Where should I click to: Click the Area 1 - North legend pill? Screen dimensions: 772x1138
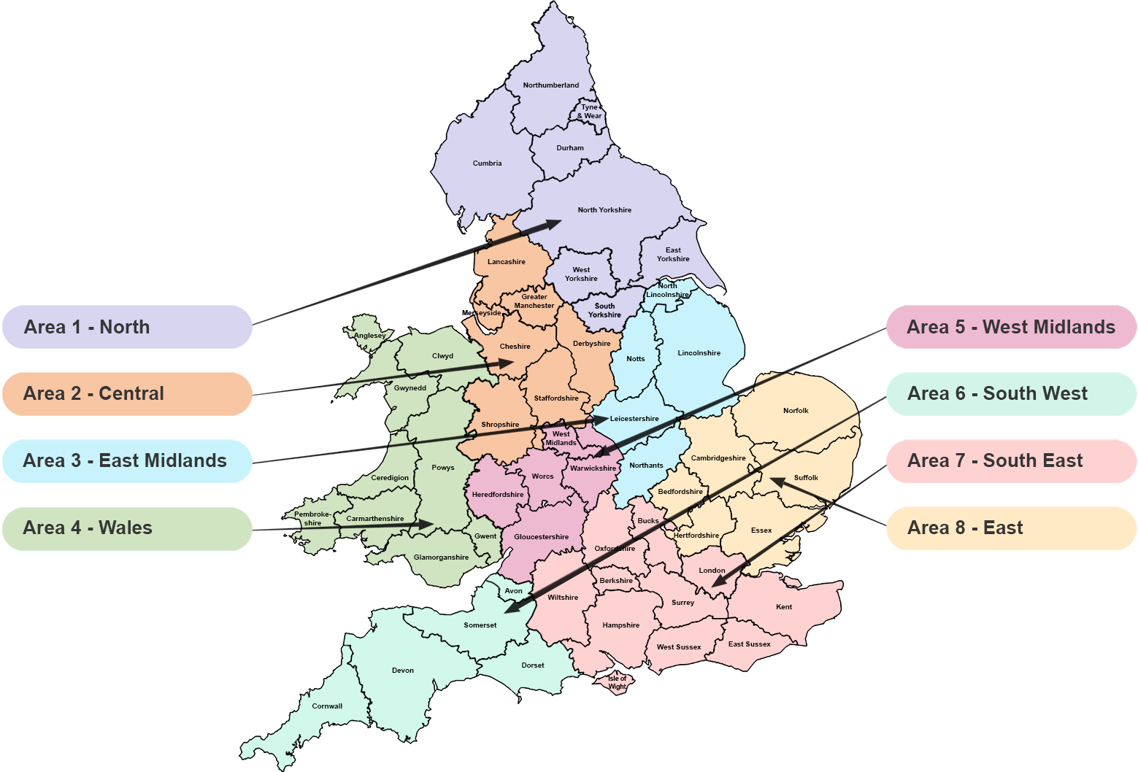[x=127, y=327]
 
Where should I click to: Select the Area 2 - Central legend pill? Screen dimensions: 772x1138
[x=127, y=394]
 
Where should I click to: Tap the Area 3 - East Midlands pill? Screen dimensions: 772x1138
[x=127, y=461]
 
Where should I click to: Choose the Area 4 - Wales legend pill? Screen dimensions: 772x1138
[x=127, y=528]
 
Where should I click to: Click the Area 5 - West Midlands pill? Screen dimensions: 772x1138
[x=1011, y=327]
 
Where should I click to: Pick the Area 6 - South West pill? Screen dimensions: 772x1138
[x=1011, y=394]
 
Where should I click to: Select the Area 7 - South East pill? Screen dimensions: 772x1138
[x=1011, y=461]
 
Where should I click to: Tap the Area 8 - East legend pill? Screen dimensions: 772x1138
[x=1011, y=528]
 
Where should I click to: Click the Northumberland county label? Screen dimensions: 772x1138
[x=551, y=85]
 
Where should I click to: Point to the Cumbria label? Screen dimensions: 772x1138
[x=487, y=163]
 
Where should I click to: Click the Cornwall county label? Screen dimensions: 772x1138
[x=327, y=706]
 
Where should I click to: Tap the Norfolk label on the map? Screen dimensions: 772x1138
[x=796, y=411]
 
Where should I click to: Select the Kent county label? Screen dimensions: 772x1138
[x=784, y=607]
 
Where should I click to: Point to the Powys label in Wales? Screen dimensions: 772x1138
[x=443, y=468]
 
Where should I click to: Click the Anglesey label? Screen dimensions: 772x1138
[x=370, y=336]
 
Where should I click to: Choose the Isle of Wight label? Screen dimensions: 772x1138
[x=618, y=682]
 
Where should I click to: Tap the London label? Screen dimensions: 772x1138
[x=712, y=571]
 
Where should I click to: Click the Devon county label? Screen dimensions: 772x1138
[x=403, y=671]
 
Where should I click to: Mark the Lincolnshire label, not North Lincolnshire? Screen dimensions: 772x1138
[x=699, y=353]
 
